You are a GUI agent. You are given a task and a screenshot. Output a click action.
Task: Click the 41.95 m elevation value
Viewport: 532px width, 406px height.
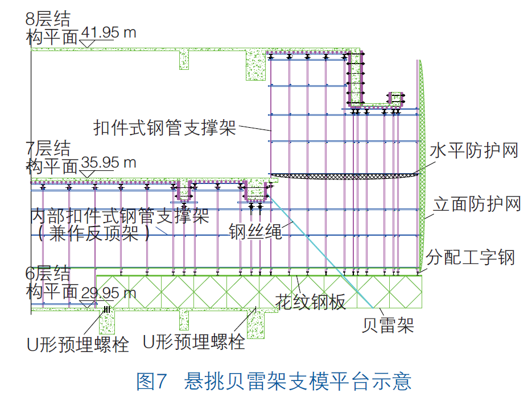(x=109, y=32)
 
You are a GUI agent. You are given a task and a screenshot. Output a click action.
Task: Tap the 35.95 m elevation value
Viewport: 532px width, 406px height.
(x=109, y=163)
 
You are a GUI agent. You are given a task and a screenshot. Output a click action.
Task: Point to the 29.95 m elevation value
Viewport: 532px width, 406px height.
(x=109, y=293)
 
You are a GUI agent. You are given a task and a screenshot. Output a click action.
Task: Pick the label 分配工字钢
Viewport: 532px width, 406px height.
(x=473, y=257)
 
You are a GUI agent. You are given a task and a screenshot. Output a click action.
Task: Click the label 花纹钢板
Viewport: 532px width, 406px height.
(x=310, y=302)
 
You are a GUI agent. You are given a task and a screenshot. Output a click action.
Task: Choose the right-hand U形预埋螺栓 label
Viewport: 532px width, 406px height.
(x=194, y=342)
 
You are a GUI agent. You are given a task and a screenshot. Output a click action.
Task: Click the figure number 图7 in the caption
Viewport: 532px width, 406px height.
(x=151, y=381)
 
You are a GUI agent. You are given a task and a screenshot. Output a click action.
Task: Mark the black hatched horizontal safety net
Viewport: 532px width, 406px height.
(x=341, y=176)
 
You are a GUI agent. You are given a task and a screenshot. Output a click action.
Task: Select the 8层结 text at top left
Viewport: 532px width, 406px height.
(x=48, y=18)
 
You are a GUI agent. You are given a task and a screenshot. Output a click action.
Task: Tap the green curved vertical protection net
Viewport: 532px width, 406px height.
(x=423, y=170)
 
